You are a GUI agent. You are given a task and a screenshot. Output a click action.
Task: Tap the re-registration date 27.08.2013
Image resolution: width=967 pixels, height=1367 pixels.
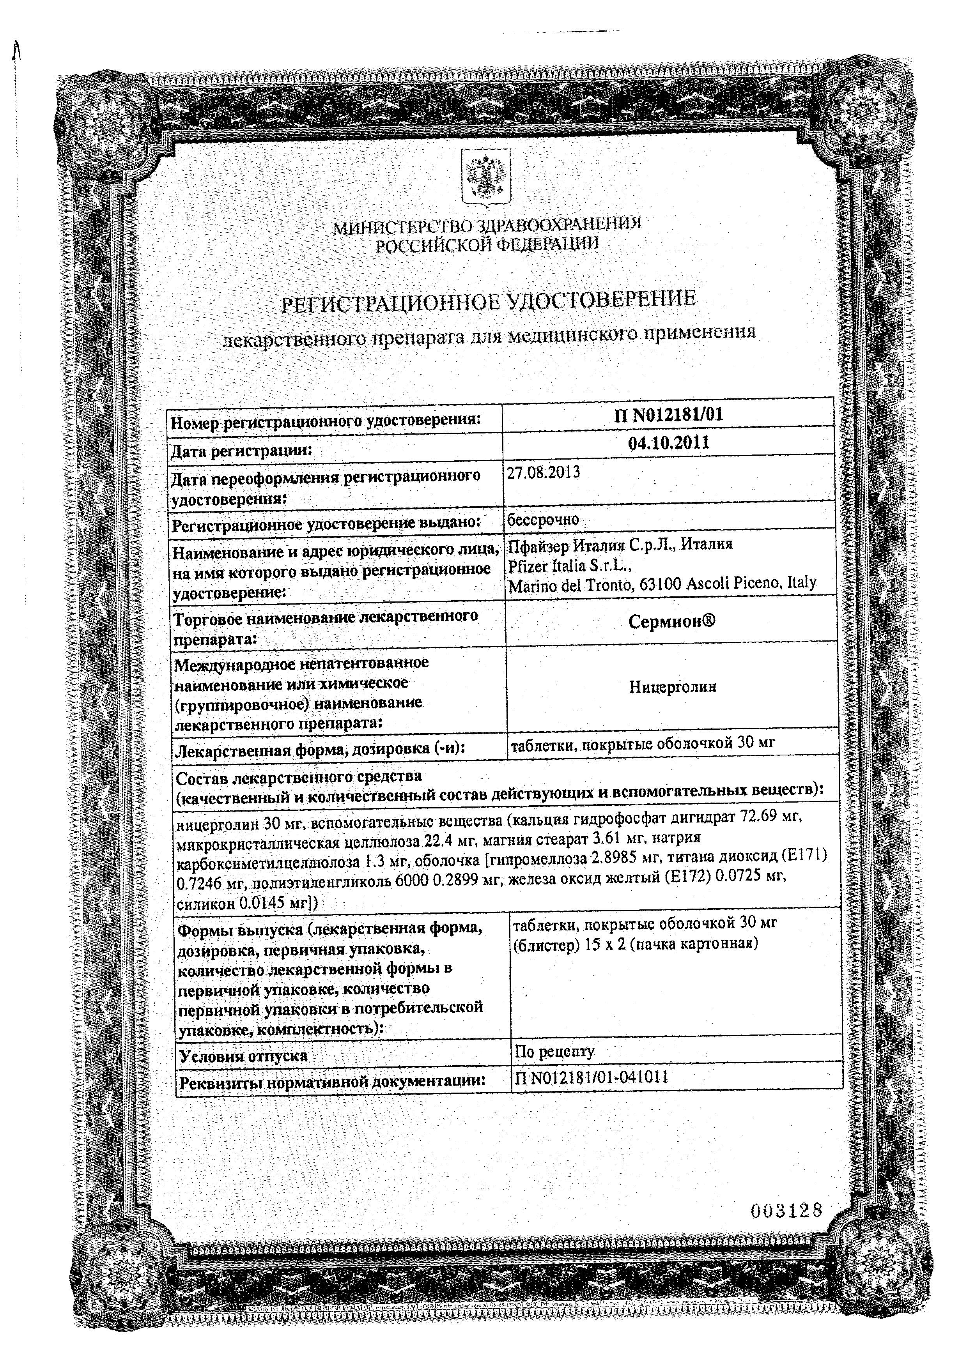click(x=543, y=473)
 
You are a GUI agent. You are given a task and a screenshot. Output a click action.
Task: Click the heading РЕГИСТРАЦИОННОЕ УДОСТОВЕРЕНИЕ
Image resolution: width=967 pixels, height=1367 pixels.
click(x=488, y=300)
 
